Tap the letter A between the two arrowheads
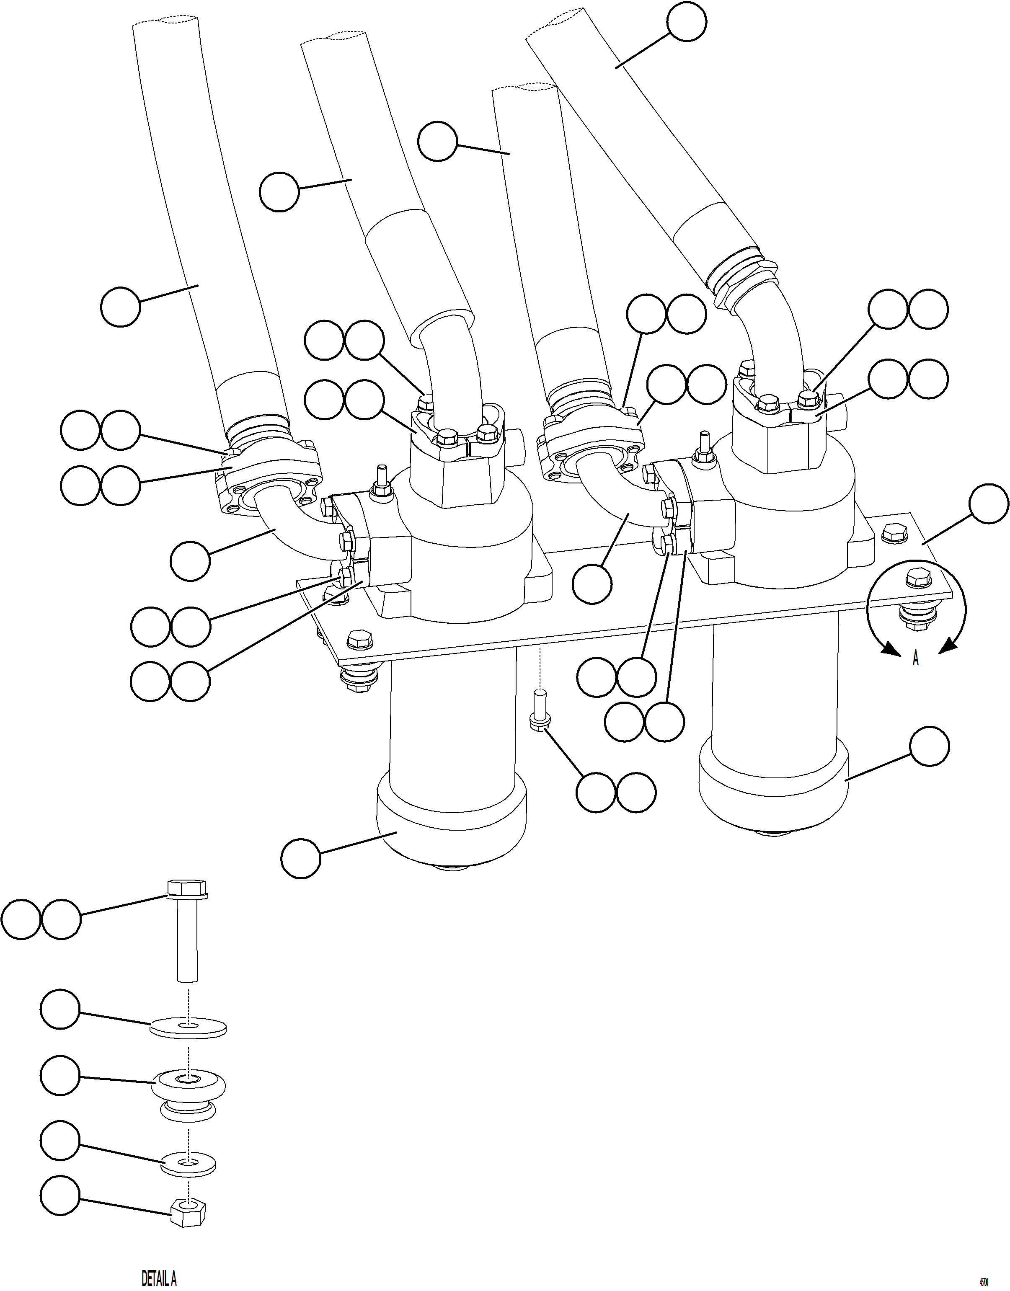[915, 659]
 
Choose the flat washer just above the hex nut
[188, 1164]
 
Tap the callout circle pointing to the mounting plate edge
[989, 504]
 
